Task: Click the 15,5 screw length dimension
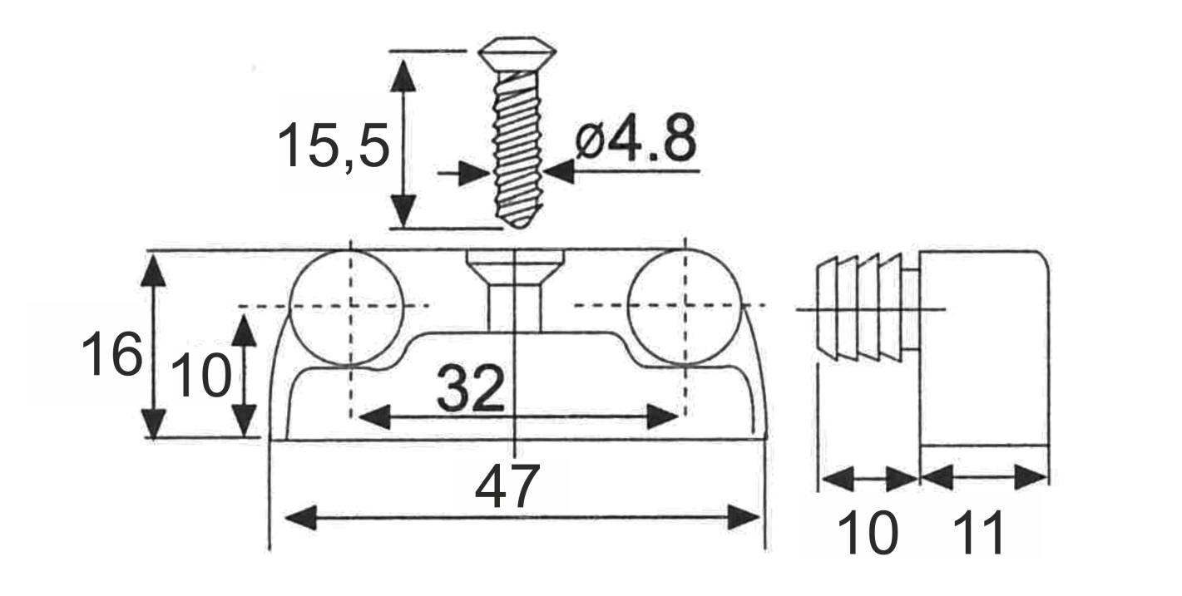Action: click(334, 145)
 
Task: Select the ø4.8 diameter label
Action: click(636, 138)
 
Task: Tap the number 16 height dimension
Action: click(112, 353)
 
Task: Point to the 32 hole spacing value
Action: click(470, 388)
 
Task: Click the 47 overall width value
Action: click(507, 485)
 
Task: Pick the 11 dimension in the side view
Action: click(979, 533)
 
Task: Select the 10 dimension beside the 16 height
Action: click(201, 376)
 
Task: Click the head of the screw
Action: click(517, 52)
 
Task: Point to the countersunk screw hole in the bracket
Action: click(515, 290)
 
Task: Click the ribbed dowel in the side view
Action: click(860, 308)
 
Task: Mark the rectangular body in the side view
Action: click(985, 348)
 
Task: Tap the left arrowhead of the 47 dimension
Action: click(301, 517)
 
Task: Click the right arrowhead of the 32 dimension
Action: click(662, 417)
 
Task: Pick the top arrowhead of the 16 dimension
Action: click(154, 270)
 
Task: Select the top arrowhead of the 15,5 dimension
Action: click(403, 76)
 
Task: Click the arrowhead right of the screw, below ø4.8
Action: click(559, 171)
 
